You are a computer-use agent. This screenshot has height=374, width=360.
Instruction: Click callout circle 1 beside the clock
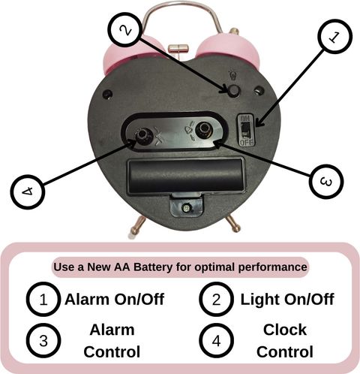pos(334,37)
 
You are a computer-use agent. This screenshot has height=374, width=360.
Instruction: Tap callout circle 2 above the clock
pos(125,30)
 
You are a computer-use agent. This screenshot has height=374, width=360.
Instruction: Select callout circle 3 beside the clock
pos(326,182)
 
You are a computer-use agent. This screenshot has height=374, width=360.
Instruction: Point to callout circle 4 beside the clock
pos(28,192)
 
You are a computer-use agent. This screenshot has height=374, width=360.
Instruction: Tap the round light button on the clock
pos(234,90)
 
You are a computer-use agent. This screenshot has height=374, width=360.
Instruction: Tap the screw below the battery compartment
pos(186,208)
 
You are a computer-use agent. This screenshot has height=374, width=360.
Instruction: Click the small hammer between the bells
pos(178,49)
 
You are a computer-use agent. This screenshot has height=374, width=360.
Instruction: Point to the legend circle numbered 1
pos(43,300)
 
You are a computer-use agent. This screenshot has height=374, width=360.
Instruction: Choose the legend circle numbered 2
pos(217,300)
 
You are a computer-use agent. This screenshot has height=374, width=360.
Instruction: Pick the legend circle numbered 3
pos(43,341)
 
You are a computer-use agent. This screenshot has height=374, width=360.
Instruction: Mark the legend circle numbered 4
pos(217,341)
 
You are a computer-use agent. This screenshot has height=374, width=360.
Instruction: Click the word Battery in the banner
pos(153,267)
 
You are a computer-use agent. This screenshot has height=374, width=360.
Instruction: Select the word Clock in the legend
pos(285,330)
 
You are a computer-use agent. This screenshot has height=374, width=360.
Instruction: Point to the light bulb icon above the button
pos(232,75)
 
